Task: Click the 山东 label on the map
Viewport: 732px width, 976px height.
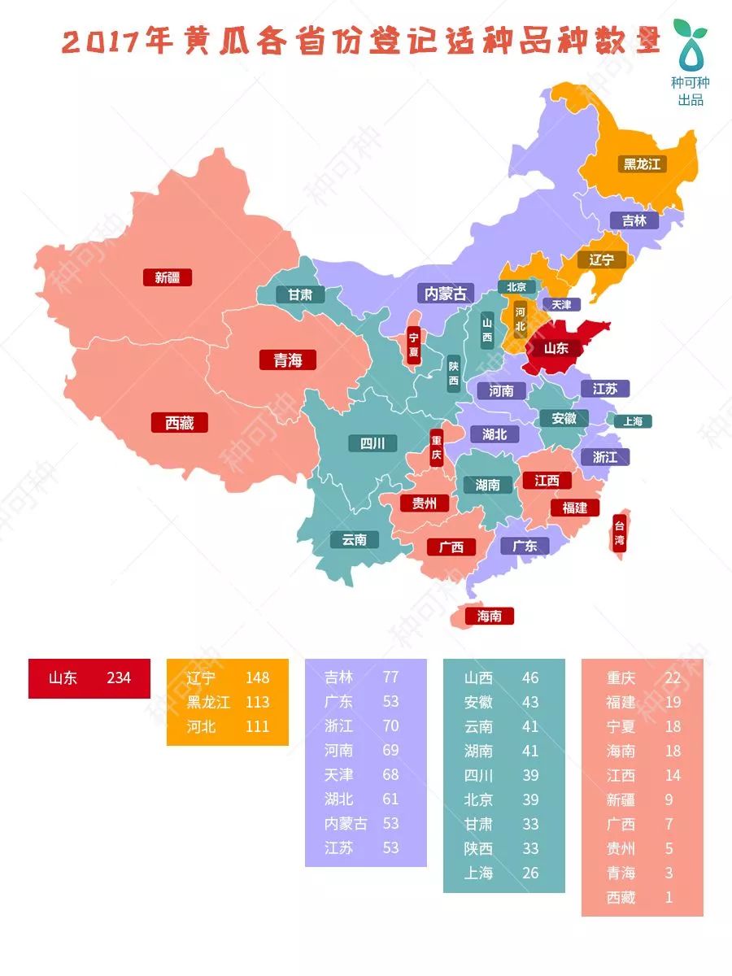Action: pos(556,348)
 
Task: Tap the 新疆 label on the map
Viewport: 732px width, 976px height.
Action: pos(167,277)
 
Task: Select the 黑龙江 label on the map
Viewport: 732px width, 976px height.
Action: pos(642,163)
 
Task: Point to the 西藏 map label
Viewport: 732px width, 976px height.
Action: pos(180,423)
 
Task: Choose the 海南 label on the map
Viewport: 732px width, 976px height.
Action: pos(490,616)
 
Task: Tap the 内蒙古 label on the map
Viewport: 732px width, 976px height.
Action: pos(447,294)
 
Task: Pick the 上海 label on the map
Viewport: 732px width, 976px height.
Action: pos(633,421)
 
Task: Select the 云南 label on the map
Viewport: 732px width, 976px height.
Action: pos(355,539)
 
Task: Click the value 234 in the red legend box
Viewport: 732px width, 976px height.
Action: pos(119,678)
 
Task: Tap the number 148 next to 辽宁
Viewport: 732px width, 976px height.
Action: pos(257,678)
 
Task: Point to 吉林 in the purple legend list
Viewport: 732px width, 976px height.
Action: pos(338,678)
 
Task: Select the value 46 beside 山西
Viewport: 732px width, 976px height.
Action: pos(530,678)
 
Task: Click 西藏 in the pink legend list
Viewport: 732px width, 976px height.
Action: pos(621,898)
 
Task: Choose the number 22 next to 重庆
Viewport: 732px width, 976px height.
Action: pos(672,678)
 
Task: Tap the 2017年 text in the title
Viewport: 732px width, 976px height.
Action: pos(114,42)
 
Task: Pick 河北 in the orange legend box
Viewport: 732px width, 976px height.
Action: pos(202,726)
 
